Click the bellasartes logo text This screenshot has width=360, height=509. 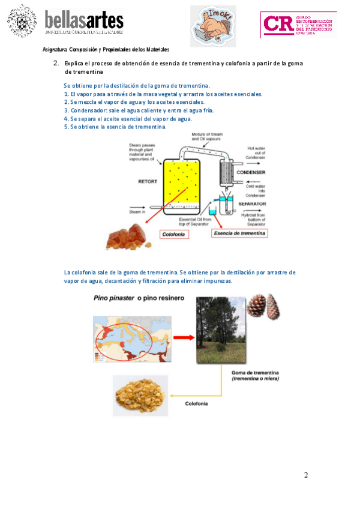click(83, 21)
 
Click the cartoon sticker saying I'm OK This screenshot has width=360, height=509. click(214, 26)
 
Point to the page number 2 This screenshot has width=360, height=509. click(306, 475)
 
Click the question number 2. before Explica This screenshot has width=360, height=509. click(56, 63)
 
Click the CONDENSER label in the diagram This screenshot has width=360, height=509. click(251, 172)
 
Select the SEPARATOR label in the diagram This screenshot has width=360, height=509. click(253, 204)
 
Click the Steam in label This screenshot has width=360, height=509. click(137, 211)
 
